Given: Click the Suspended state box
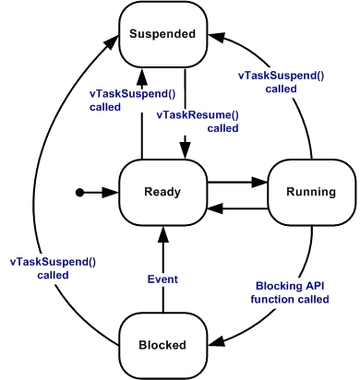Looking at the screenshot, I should (162, 35).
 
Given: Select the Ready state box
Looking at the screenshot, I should (162, 192).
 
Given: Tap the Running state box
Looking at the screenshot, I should (311, 192).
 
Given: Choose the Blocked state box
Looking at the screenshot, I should (162, 345).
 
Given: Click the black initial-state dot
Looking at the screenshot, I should (80, 192).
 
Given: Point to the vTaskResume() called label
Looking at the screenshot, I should (197, 121).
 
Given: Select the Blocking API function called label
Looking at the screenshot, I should (292, 292).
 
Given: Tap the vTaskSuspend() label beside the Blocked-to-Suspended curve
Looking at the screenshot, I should (53, 267).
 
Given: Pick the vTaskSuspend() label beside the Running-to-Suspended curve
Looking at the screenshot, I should (282, 82).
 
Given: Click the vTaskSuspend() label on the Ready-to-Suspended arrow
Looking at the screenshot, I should (127, 100).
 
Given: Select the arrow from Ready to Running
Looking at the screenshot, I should (236, 184).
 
